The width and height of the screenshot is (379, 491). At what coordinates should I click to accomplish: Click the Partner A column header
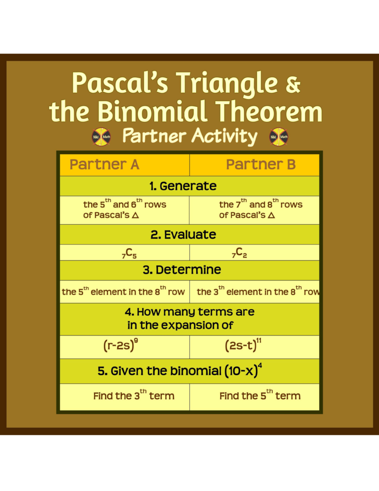(x=104, y=165)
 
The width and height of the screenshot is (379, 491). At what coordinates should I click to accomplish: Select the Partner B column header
(x=261, y=165)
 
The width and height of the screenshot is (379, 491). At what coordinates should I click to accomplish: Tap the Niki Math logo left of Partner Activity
(x=101, y=136)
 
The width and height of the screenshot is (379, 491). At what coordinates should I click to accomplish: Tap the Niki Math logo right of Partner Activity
(x=279, y=136)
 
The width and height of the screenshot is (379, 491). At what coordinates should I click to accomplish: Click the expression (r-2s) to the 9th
(x=121, y=346)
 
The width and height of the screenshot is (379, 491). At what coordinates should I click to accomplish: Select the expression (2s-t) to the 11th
(x=243, y=346)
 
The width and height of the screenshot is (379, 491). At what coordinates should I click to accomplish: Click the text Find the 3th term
(x=133, y=396)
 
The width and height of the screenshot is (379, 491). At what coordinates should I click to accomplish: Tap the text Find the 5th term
(x=260, y=396)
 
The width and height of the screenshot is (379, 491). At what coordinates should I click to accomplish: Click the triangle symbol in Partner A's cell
(x=135, y=215)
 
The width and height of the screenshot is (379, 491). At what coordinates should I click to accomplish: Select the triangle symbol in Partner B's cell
(x=271, y=215)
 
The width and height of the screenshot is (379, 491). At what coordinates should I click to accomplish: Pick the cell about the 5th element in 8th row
(x=123, y=291)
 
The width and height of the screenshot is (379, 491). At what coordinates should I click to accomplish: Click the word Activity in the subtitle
(x=224, y=135)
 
